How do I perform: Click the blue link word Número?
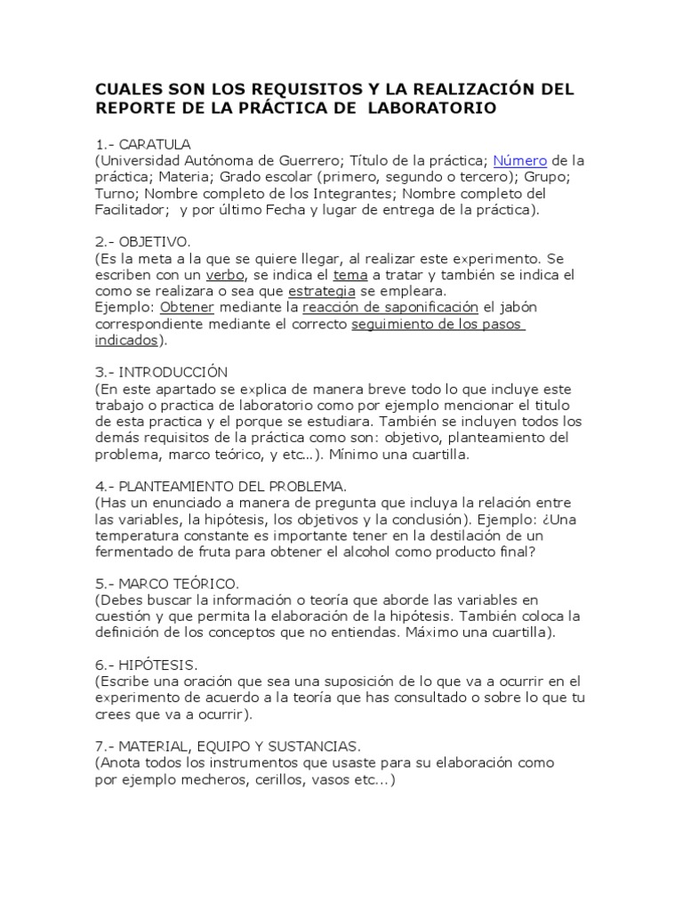[519, 161]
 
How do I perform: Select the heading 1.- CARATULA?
[143, 144]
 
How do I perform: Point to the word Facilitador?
[132, 210]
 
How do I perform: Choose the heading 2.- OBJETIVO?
[143, 242]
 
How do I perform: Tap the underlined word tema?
[350, 275]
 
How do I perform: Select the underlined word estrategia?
[321, 291]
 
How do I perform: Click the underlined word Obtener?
[189, 307]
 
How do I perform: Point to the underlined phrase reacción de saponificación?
[390, 307]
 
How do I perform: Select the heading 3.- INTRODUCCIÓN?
[161, 372]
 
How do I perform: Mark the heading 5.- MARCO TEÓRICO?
[166, 584]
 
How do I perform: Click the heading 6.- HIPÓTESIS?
[146, 665]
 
